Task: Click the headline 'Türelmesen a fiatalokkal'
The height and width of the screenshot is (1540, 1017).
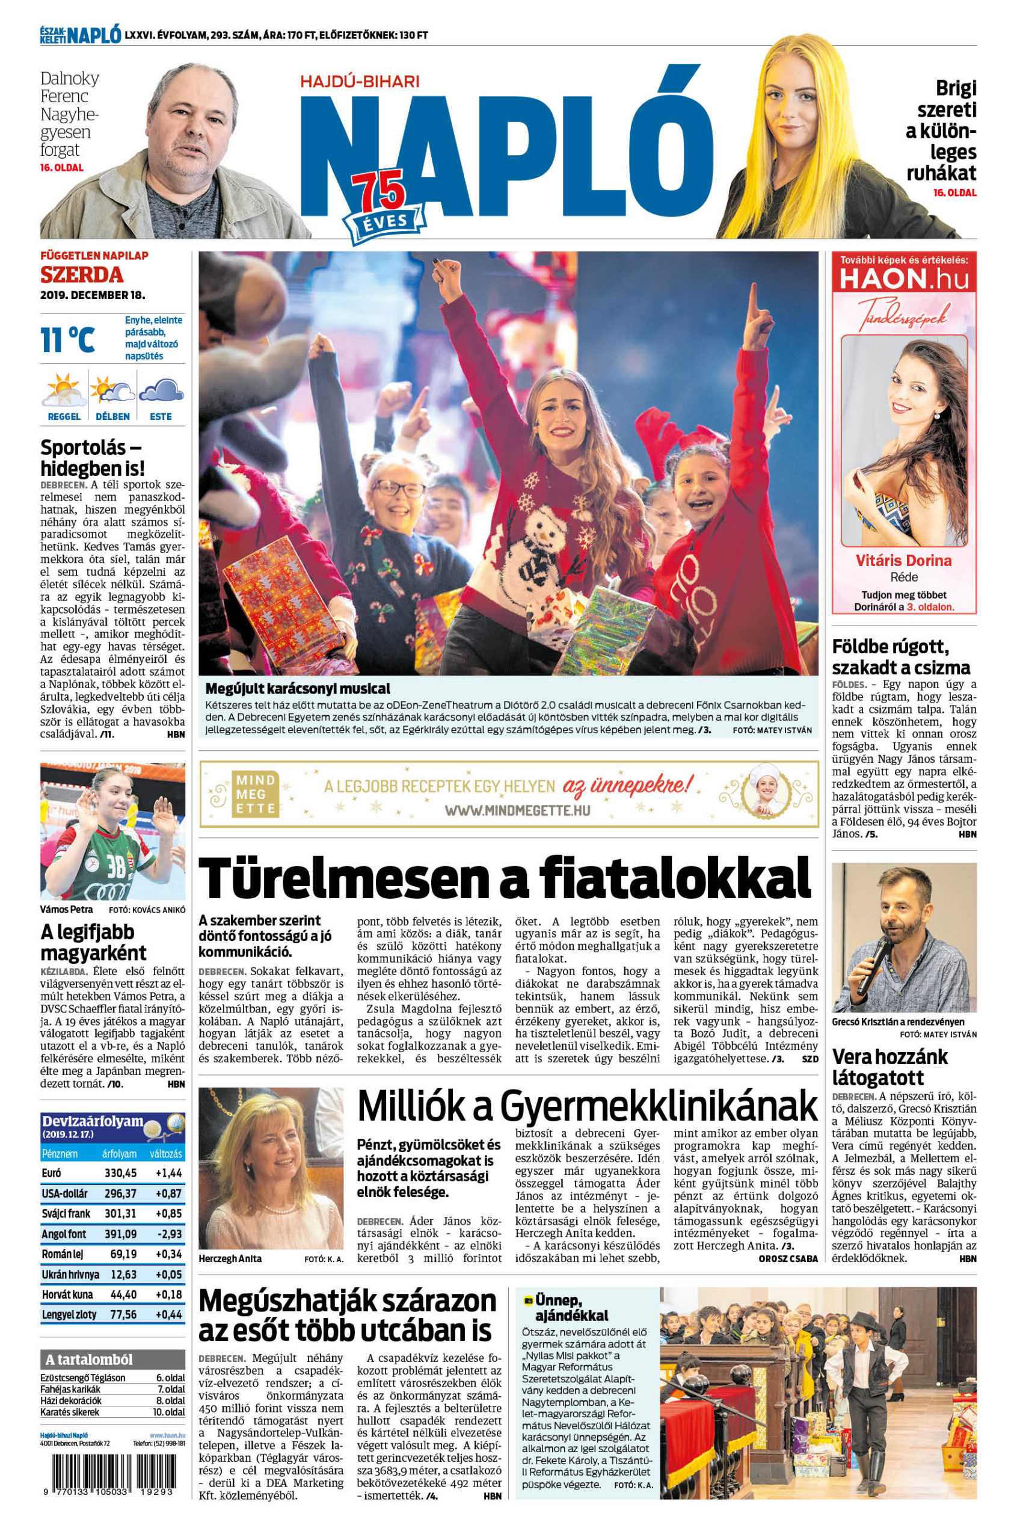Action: click(x=505, y=877)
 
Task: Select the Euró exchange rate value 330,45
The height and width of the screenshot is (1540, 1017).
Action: click(x=121, y=1173)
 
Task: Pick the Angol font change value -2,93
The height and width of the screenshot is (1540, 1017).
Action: click(x=168, y=1233)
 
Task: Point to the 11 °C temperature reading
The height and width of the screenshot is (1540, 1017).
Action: click(x=67, y=340)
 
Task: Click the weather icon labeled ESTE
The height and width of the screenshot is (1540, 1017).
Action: click(x=161, y=392)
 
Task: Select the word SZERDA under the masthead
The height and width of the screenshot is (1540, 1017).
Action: click(x=82, y=275)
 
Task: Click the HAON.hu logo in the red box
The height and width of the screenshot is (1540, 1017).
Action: click(x=904, y=279)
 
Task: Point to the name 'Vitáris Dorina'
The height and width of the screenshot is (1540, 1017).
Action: click(x=904, y=560)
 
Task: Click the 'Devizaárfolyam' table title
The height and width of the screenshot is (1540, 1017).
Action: click(x=92, y=1121)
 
